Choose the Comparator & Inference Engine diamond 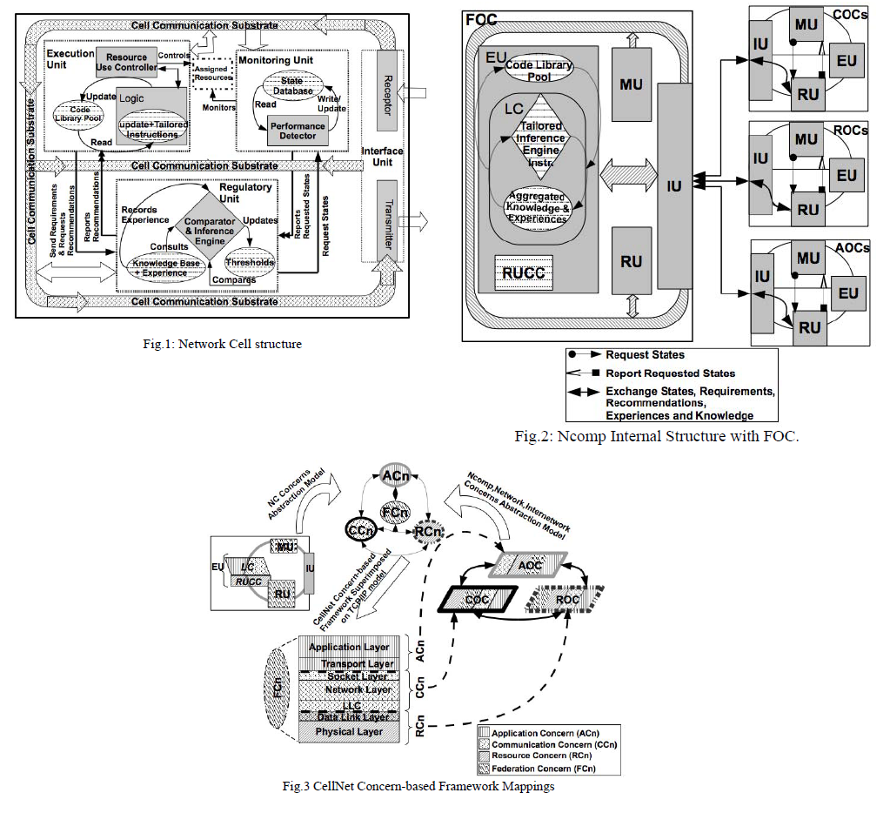click(x=205, y=225)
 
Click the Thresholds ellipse click(x=250, y=262)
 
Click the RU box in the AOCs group click(x=810, y=327)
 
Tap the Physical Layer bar click(x=349, y=732)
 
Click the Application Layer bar click(x=349, y=648)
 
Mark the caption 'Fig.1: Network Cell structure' click(x=223, y=344)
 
